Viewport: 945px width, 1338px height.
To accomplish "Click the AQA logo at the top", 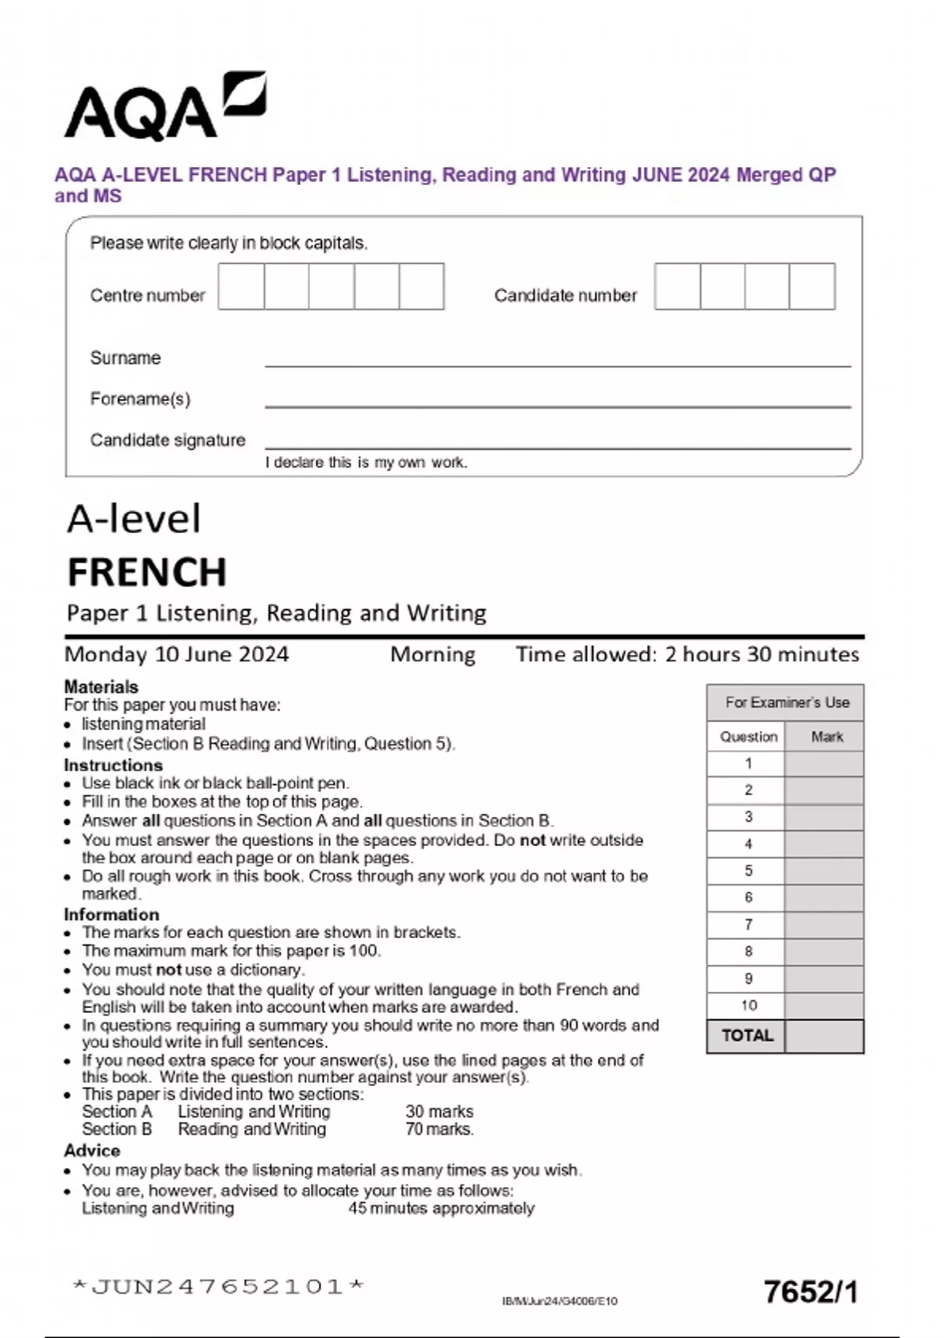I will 164,106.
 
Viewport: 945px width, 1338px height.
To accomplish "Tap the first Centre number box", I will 241,286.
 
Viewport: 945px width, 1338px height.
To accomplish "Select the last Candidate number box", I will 812,286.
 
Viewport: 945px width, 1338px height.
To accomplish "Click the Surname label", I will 125,358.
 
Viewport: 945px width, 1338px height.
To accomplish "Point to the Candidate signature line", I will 558,447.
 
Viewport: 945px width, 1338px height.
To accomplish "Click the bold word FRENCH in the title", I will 147,572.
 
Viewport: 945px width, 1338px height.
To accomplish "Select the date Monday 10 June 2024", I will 177,655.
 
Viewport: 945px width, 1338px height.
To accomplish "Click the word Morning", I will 432,655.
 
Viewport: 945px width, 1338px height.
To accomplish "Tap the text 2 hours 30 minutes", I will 762,655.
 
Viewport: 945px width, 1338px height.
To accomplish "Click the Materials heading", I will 101,687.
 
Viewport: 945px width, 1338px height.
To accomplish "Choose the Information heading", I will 111,915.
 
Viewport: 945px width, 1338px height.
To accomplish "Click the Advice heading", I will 92,1151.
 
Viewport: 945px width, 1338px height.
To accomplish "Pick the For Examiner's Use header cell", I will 786,703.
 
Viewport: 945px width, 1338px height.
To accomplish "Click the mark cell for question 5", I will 824,871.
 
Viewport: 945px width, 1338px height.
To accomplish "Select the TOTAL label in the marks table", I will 747,1036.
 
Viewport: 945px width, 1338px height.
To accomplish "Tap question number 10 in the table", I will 748,1006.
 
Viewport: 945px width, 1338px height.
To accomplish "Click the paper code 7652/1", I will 810,1292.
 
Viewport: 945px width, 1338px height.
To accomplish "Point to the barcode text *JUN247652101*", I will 218,1287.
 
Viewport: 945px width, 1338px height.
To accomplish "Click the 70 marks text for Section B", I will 439,1129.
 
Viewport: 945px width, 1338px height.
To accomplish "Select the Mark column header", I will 826,737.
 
